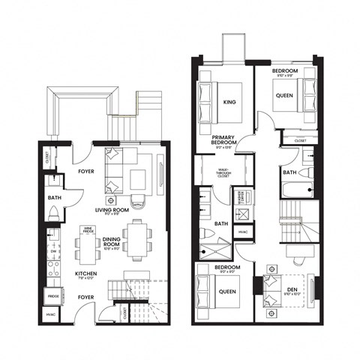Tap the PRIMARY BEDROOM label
click(224, 140)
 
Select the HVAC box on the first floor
click(50, 315)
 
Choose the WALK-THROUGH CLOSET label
click(223, 172)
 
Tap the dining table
click(136, 238)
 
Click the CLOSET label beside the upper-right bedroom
click(300, 140)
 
